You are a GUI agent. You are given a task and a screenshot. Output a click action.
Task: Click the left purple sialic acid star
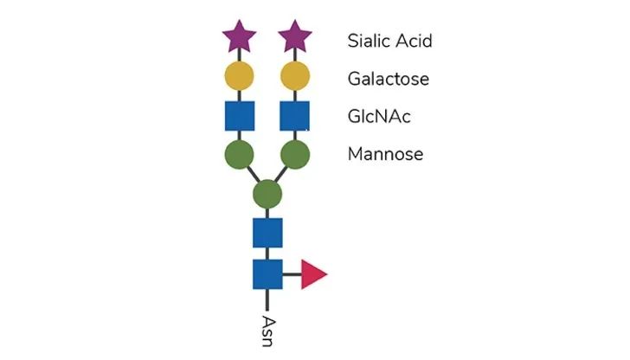[240, 37]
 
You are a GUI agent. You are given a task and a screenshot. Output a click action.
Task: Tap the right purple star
[295, 37]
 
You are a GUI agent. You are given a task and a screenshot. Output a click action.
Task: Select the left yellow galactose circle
[239, 76]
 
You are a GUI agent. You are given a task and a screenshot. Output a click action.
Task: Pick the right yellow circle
[295, 76]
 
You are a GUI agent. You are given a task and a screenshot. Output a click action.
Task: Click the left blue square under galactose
[240, 116]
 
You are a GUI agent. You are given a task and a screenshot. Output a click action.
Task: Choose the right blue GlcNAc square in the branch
[294, 116]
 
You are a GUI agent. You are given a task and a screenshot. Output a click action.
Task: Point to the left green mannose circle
[239, 154]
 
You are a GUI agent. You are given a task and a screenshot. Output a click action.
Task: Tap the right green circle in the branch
[295, 154]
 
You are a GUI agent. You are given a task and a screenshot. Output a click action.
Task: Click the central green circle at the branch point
[267, 194]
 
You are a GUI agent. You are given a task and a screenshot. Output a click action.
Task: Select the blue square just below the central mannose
[267, 233]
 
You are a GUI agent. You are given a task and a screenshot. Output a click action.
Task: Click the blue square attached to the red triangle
[267, 274]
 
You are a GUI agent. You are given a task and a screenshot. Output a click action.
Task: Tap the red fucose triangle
[313, 274]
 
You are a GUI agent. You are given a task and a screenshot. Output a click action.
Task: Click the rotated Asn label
[268, 331]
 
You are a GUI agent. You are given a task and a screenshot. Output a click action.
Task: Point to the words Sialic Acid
[389, 41]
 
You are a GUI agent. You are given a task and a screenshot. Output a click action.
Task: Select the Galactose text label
[388, 79]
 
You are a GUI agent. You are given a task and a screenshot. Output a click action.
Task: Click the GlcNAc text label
[379, 117]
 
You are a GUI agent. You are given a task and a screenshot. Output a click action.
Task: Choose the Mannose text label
[385, 154]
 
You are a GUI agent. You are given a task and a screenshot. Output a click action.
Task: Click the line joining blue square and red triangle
[292, 274]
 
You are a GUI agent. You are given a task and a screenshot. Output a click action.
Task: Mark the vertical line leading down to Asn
[267, 299]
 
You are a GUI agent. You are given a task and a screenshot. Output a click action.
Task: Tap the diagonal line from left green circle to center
[253, 174]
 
